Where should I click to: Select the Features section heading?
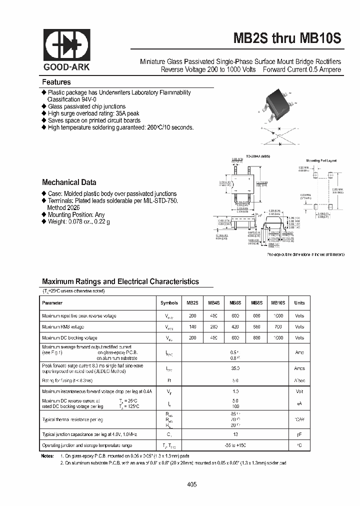coord(56,82)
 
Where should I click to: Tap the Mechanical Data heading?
coord(69,182)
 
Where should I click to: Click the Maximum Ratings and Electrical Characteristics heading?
coord(120,281)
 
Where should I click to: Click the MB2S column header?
coord(192,303)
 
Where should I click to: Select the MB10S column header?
coord(278,303)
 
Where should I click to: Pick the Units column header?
coord(299,303)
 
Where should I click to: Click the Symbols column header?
coord(169,303)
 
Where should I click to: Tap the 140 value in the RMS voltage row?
coord(192,327)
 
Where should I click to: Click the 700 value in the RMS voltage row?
coord(278,327)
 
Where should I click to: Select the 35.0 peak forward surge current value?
coord(235,368)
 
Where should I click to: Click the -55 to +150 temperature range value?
coord(235,445)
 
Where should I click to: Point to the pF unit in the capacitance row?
coord(299,435)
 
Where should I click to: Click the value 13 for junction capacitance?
coord(235,435)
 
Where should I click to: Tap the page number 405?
coord(192,484)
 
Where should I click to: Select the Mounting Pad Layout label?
coord(321,160)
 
